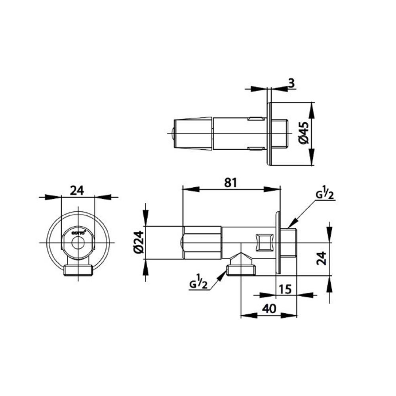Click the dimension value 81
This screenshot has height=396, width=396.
[x=230, y=183]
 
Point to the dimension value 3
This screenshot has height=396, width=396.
[x=291, y=83]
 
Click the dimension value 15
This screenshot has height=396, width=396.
[x=284, y=289]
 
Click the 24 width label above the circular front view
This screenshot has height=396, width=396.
[x=77, y=190]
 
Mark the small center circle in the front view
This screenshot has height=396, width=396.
[x=78, y=242]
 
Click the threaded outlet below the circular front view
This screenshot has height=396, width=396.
[x=78, y=270]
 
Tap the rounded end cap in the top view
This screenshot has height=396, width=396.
[x=173, y=134]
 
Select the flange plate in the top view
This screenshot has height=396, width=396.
[x=269, y=134]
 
